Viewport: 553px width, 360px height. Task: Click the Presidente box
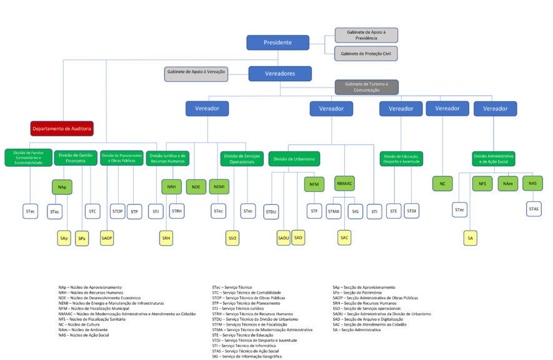coord(277,42)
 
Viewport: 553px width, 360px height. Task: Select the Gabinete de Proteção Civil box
coord(366,54)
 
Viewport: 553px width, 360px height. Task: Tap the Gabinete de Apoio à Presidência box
coord(366,35)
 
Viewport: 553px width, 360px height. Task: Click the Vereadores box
coord(280,74)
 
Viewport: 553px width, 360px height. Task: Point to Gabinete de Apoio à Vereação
coord(196,72)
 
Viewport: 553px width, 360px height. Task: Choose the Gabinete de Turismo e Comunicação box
coord(366,87)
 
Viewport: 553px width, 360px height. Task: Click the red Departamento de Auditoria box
coord(62,129)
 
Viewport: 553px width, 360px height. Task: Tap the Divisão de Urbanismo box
coord(294,159)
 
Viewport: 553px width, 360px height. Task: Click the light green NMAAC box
coord(344,184)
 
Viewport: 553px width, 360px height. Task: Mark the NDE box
coord(196,186)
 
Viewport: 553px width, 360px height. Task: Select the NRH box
coord(171,186)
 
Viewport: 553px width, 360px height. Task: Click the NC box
coord(442,184)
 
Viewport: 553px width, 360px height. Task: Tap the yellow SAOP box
coord(107,237)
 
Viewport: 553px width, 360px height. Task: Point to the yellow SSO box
coord(232,237)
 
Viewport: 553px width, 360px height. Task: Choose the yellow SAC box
coord(344,237)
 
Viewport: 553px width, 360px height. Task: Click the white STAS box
coord(534,209)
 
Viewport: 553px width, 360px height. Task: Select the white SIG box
coord(356,211)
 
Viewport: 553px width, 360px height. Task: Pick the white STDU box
coord(271,212)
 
